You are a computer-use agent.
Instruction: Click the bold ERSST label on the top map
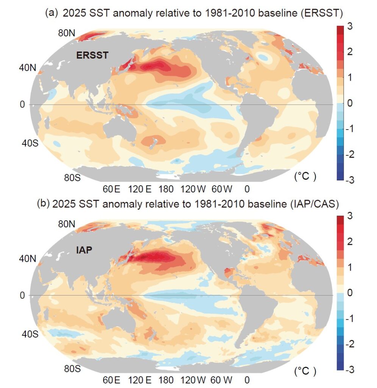click(92, 55)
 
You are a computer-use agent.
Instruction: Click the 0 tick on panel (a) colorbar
click(350, 103)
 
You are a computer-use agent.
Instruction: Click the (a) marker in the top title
click(52, 13)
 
